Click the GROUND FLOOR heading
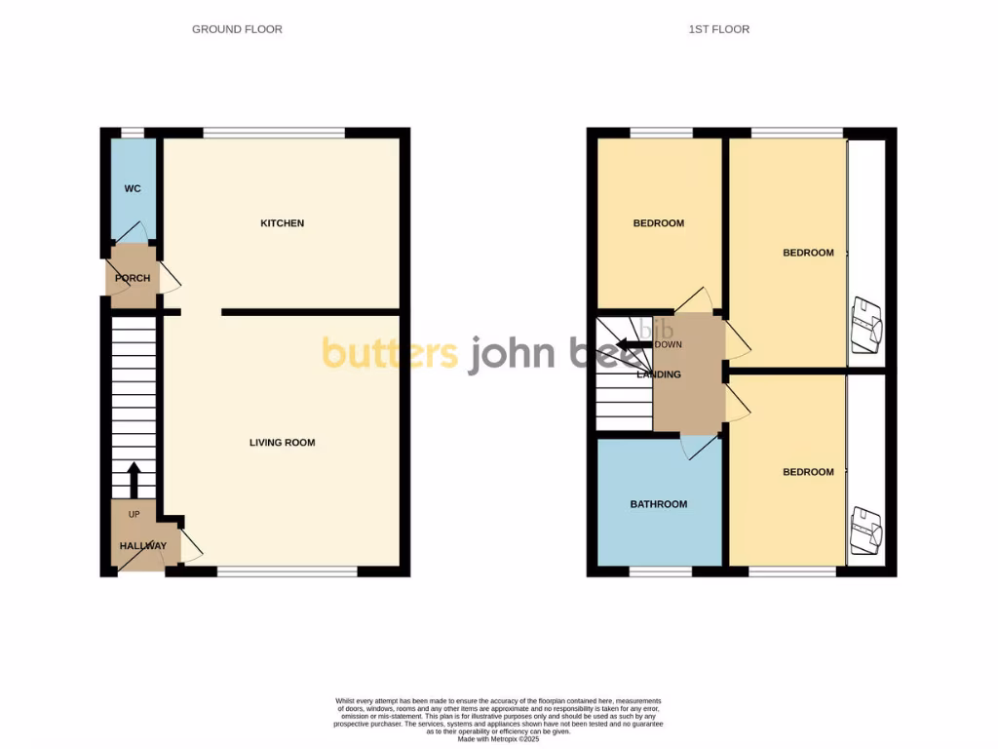point(237,29)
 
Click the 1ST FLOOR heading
point(718,29)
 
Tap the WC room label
point(133,188)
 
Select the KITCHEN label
point(282,223)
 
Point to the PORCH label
point(133,278)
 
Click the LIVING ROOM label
point(282,443)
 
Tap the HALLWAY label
point(143,546)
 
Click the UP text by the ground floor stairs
point(134,514)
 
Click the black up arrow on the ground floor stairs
point(134,479)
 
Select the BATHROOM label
point(658,504)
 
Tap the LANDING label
point(658,374)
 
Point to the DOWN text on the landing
point(669,344)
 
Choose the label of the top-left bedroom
point(658,223)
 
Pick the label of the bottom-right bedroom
point(808,472)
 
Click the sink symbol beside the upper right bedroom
point(864,324)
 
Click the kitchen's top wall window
point(274,133)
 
